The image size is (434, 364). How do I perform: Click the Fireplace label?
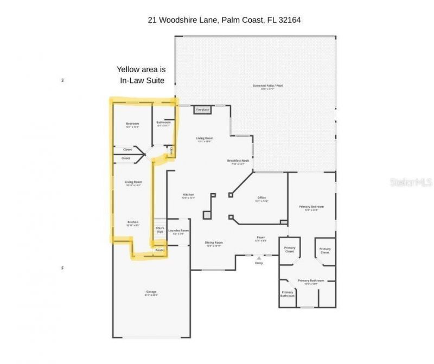coord(202,110)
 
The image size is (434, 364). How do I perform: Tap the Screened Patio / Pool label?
coord(267,86)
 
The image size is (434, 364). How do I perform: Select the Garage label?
coord(151,292)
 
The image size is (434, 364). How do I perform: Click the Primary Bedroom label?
coord(311,207)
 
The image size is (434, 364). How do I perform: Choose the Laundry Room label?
coord(178,231)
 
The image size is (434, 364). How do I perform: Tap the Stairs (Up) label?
coord(159,229)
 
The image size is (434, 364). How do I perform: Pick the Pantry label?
coord(159,250)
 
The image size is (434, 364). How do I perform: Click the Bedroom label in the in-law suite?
coord(132,124)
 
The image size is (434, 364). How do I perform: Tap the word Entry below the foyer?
coord(259,263)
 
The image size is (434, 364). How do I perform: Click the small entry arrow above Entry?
coord(259,258)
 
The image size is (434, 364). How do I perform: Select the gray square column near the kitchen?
coord(207,215)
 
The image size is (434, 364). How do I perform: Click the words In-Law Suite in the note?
coord(142,80)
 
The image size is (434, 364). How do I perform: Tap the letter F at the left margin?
coord(63,268)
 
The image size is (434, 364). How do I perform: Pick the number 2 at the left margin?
coord(63,80)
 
